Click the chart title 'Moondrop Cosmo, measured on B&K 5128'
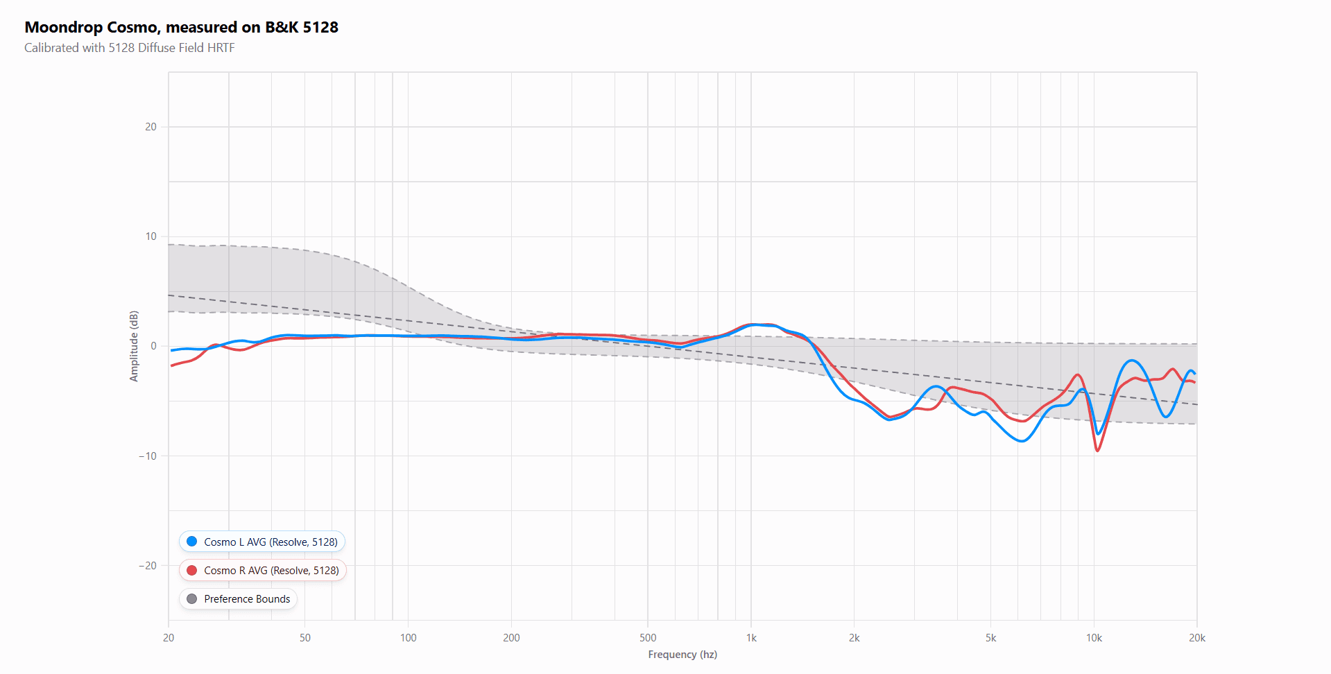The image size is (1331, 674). coord(181,27)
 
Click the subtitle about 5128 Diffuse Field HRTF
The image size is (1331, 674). coord(130,48)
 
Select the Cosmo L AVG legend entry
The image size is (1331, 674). coord(262,542)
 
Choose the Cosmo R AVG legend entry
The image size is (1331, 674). coord(263,570)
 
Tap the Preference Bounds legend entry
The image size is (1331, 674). coord(239,598)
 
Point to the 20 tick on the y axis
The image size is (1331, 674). coord(151,127)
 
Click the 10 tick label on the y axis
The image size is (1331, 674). coord(151,236)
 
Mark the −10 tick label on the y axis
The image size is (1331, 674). coord(148,456)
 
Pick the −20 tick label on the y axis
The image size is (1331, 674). coord(148,565)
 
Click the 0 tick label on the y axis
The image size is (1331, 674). coord(153,346)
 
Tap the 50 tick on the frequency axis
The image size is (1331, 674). coord(305,638)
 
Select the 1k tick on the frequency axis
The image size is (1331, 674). coord(751,638)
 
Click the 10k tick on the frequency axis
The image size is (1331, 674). coord(1094,638)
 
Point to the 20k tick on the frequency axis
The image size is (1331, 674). coord(1196,638)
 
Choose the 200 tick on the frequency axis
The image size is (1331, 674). coord(511,638)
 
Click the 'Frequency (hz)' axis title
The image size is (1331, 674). coord(682,655)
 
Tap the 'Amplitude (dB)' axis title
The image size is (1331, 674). coord(134,346)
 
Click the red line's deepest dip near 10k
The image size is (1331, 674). coord(1097,451)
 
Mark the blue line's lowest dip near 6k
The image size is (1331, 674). coord(1022,441)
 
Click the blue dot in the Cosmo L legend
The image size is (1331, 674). coord(192,542)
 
